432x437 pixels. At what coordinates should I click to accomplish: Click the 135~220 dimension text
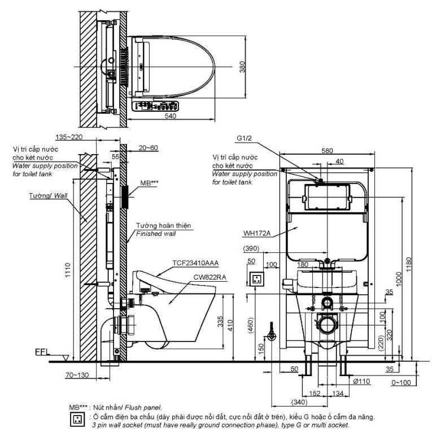(70, 137)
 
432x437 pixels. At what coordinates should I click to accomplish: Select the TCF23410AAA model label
(197, 263)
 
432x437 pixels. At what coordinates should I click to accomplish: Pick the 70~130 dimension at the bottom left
(62, 374)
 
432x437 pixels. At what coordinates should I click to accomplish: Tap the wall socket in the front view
(258, 279)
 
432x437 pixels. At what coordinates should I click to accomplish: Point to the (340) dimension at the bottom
(300, 402)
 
